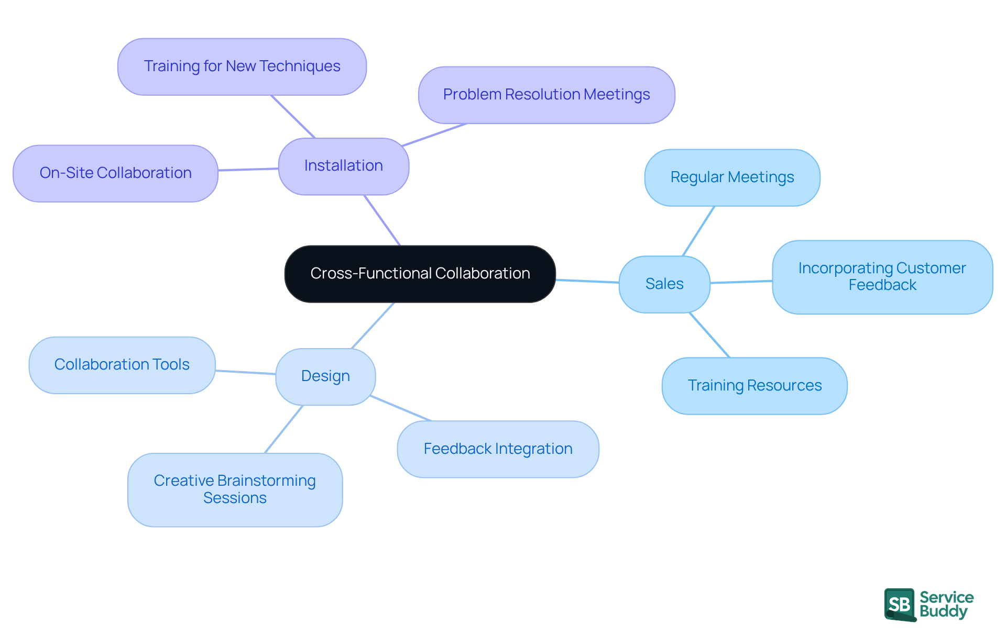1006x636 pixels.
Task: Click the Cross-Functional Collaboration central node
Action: (x=420, y=274)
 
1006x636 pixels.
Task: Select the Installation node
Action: (x=343, y=166)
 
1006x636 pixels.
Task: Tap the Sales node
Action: (x=664, y=284)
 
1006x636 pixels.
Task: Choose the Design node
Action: (x=325, y=376)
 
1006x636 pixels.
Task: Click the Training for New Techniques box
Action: (x=242, y=66)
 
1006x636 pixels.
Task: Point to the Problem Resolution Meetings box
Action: (x=546, y=95)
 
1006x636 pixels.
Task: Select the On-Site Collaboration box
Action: (x=115, y=173)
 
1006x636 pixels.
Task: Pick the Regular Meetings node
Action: (x=732, y=177)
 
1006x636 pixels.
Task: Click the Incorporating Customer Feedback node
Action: (x=882, y=277)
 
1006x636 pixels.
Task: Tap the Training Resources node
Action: (x=754, y=386)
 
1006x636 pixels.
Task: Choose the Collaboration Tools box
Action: (x=122, y=365)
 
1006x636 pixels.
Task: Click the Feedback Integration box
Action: (x=498, y=449)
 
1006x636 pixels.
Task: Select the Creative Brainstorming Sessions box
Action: (x=235, y=489)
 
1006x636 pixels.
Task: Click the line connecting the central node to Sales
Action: (x=587, y=281)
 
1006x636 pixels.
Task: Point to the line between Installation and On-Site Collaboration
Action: (x=248, y=169)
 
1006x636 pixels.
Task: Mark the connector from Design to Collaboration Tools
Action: (x=245, y=372)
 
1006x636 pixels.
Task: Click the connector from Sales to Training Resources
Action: (x=709, y=335)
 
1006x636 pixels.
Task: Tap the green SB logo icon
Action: (x=900, y=605)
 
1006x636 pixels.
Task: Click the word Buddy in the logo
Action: (x=943, y=611)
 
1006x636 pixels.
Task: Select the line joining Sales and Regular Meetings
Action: (x=698, y=231)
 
